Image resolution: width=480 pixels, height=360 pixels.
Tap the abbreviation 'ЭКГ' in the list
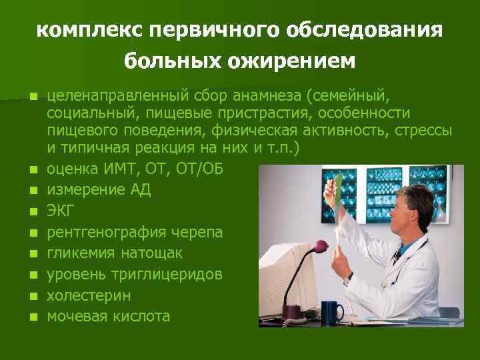point(61,211)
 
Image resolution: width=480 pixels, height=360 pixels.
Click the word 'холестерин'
point(89,295)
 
